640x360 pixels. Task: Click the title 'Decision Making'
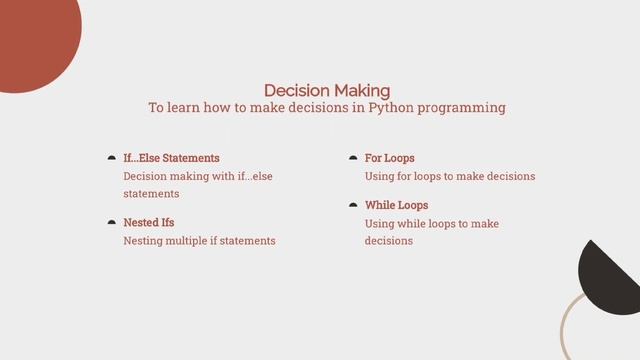pyautogui.click(x=326, y=90)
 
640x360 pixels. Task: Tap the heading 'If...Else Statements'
pyautogui.click(x=171, y=158)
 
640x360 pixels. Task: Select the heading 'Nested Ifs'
pyautogui.click(x=148, y=222)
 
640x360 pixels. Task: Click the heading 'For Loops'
pyautogui.click(x=389, y=158)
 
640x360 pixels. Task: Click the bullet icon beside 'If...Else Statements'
pyautogui.click(x=111, y=158)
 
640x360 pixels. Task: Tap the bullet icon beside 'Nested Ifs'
pyautogui.click(x=111, y=222)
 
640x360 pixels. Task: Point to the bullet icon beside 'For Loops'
pyautogui.click(x=353, y=158)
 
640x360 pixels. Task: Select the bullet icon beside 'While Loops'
pyautogui.click(x=353, y=205)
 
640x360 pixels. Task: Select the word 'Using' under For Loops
pyautogui.click(x=380, y=176)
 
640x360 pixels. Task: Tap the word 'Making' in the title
pyautogui.click(x=363, y=90)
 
